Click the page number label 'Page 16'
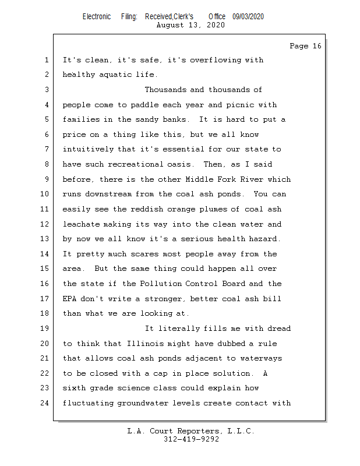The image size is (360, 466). point(305,46)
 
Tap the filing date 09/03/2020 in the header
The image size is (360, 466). point(248,17)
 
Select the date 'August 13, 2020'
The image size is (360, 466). point(190,25)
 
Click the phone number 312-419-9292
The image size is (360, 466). point(191,439)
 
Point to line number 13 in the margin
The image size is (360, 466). point(44,239)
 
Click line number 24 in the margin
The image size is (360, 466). point(44,403)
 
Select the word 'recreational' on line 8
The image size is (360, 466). point(136,164)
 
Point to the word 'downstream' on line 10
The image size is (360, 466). point(108,194)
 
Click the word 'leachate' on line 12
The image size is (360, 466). point(81,224)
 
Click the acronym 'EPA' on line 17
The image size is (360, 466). point(69,298)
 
